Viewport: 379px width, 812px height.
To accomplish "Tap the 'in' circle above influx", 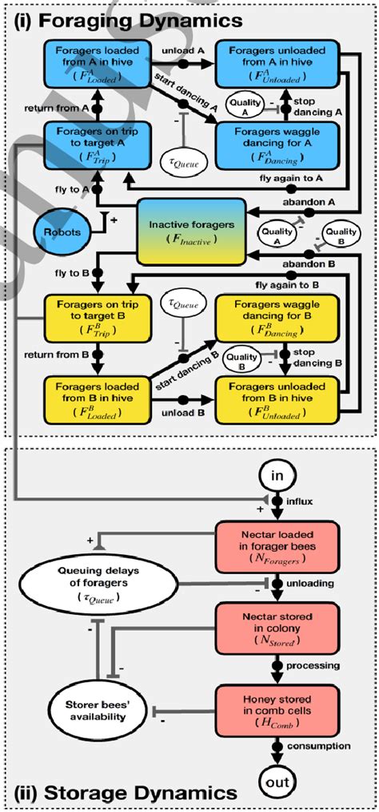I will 277,477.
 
